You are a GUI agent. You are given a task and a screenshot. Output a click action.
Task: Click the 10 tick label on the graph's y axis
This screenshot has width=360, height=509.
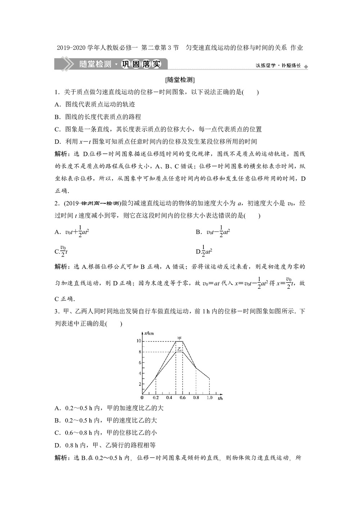point(139,341)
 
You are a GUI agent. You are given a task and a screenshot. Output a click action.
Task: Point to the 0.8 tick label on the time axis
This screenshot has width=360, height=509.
point(196,398)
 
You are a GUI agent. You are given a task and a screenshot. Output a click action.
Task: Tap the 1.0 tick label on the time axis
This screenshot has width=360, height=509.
point(210,398)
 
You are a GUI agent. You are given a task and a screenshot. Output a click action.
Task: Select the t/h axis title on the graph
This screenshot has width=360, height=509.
point(220,398)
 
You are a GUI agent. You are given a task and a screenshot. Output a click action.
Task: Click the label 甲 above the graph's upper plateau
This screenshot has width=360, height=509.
point(179,338)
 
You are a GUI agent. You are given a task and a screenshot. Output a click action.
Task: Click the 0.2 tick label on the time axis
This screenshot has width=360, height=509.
point(156,398)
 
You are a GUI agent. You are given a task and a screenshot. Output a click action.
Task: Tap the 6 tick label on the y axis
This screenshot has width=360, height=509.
point(140,362)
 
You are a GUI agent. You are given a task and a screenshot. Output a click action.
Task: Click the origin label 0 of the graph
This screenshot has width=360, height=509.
point(142,398)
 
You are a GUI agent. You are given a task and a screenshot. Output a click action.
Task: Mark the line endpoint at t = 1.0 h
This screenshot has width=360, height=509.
point(210,378)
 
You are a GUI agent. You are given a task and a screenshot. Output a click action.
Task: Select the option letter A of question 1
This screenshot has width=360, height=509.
point(57,104)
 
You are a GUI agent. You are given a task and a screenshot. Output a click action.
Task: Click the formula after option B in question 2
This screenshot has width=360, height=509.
point(218,231)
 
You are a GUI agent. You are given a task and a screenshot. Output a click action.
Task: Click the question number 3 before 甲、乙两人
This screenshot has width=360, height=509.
point(57,311)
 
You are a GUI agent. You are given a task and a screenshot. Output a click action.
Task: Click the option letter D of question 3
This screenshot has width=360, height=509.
point(57,445)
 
